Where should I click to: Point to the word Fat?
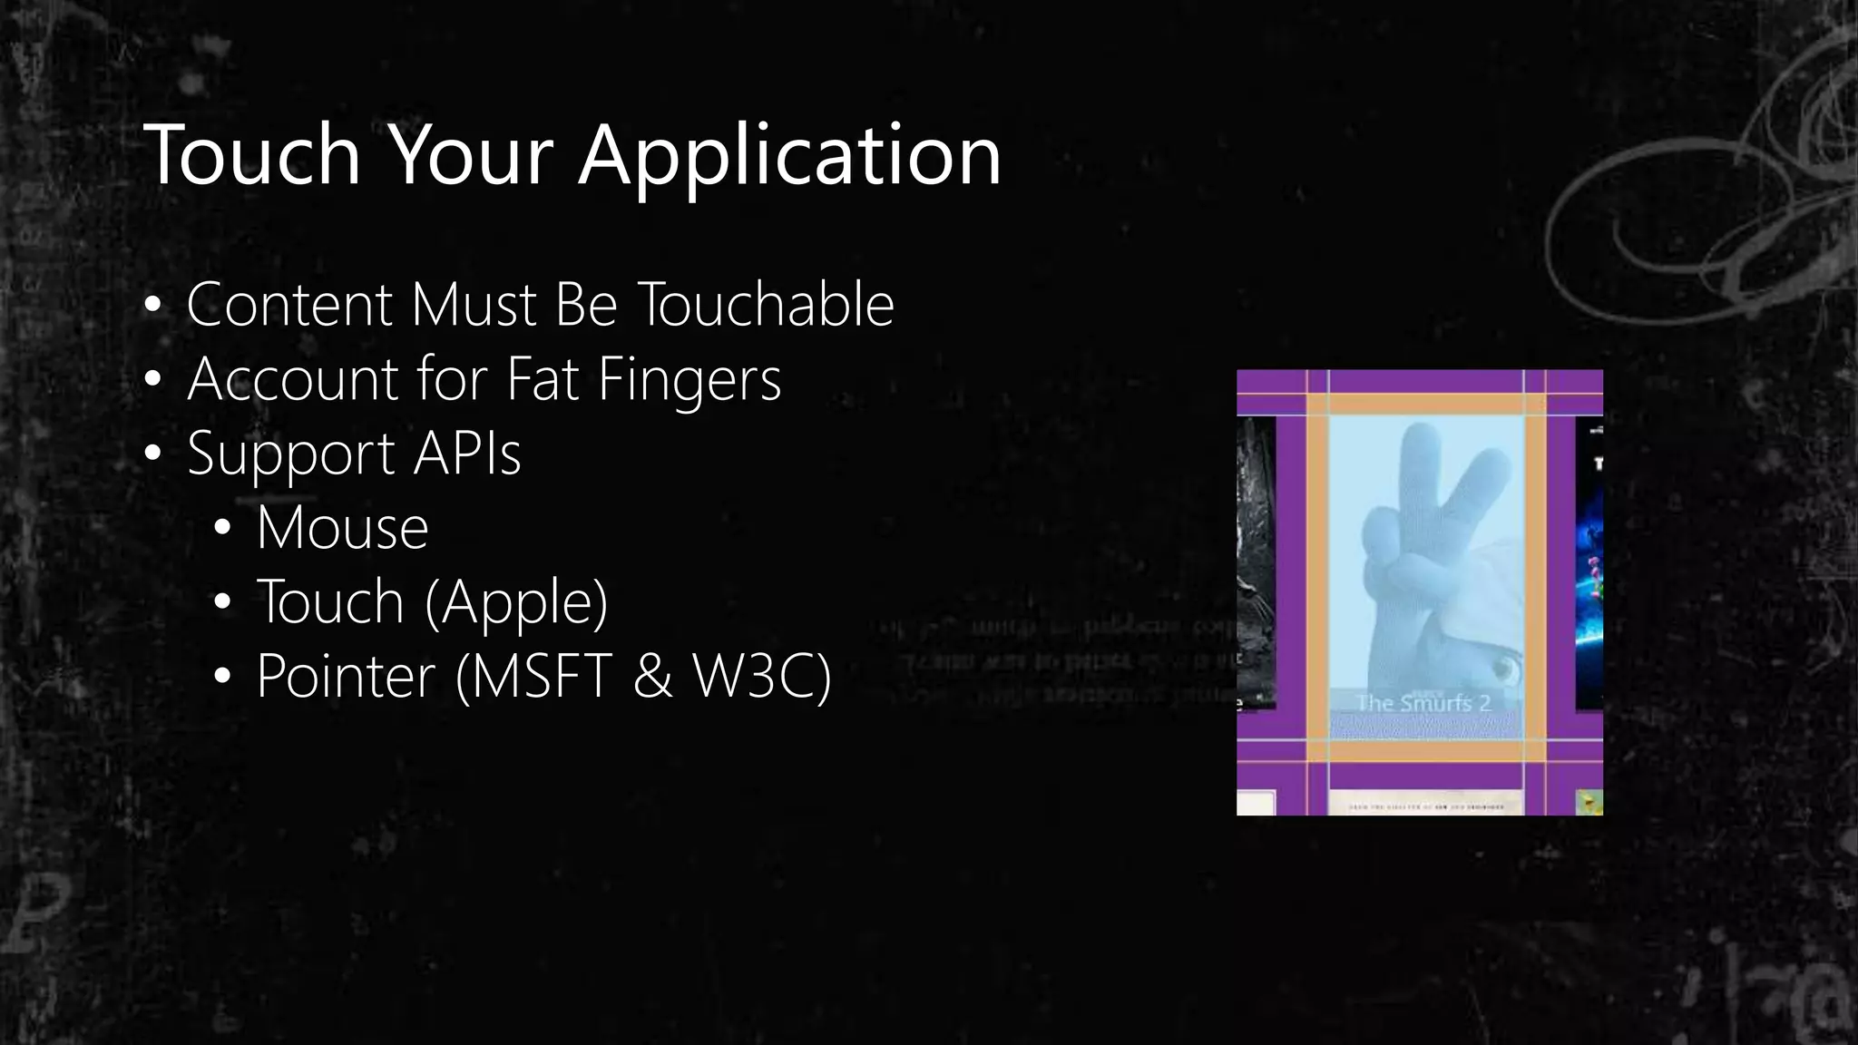pos(543,378)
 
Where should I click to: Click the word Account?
pos(292,378)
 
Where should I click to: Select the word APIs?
pos(467,453)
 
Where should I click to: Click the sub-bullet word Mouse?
pos(342,527)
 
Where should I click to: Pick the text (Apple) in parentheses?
pos(516,602)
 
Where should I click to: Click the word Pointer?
pos(346,677)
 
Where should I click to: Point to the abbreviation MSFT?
pos(542,676)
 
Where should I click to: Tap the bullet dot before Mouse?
pos(222,529)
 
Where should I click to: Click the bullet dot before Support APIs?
pos(152,454)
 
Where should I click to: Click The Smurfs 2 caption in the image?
pos(1423,702)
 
